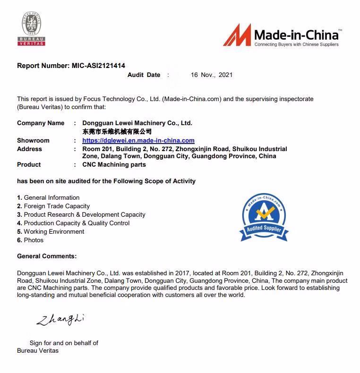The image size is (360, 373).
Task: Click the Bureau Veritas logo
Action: [32, 29]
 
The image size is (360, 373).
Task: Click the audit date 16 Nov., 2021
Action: [212, 75]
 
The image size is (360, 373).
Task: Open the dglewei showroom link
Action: [138, 140]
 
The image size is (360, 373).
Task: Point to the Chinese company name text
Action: [117, 131]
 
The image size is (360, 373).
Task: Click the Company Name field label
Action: [41, 123]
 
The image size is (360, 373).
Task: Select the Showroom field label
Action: [33, 140]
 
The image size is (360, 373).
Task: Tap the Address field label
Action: [29, 149]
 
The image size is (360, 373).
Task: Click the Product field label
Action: [29, 164]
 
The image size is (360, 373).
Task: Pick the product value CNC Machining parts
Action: [114, 164]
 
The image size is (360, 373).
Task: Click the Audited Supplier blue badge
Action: [264, 216]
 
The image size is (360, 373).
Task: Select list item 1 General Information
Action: [48, 197]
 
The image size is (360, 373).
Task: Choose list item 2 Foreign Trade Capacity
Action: [53, 206]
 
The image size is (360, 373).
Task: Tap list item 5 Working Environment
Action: [51, 231]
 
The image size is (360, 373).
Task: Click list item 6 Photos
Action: [30, 240]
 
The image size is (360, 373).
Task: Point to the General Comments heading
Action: [47, 256]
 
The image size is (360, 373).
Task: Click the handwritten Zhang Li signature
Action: [60, 320]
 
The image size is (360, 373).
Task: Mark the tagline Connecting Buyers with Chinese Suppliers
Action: [296, 44]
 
